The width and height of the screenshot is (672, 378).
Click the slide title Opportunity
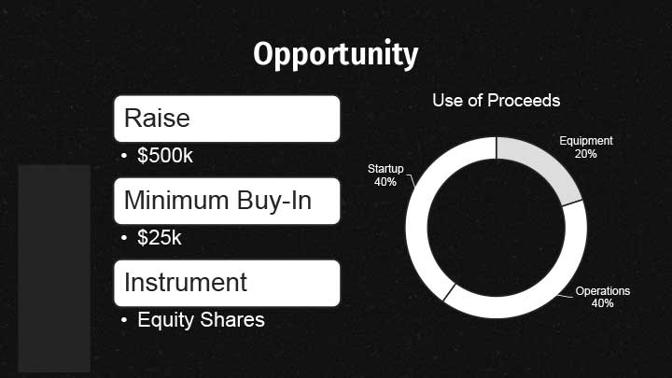pos(336,54)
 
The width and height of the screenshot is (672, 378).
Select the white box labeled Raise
pos(227,119)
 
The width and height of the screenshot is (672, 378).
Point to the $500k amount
pos(165,155)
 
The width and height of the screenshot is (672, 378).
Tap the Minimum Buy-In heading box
pos(227,201)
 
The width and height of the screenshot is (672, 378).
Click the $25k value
pos(160,237)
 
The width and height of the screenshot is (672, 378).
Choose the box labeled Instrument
pos(227,284)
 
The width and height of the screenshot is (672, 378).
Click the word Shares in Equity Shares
pos(232,320)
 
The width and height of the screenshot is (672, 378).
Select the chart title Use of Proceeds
pos(497,101)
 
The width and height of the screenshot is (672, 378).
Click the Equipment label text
pos(586,141)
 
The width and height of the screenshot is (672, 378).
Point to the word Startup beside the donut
pos(385,169)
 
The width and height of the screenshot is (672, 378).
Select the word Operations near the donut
pos(603,291)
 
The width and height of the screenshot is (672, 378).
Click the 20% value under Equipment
pos(586,153)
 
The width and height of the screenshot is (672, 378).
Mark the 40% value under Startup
pos(385,182)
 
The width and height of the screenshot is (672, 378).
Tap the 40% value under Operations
pos(603,303)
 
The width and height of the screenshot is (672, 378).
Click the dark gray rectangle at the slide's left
pos(54,268)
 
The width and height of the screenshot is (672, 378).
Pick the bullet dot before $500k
pos(124,156)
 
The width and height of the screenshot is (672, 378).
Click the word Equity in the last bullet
pos(166,320)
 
